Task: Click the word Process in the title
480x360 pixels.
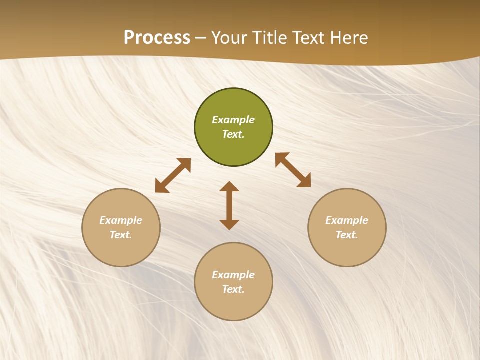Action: (x=157, y=38)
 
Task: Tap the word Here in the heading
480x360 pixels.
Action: (x=348, y=38)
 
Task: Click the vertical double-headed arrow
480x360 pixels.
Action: (x=229, y=205)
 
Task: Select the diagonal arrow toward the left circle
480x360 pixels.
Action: (x=173, y=175)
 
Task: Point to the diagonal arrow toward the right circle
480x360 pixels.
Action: (x=293, y=170)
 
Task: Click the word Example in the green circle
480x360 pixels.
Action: (x=233, y=120)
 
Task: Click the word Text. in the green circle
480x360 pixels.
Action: (x=233, y=134)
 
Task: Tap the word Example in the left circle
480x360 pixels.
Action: (x=121, y=220)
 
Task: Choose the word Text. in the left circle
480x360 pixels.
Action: (x=121, y=235)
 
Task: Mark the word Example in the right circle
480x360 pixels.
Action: (x=347, y=220)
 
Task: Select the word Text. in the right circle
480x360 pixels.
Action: (x=347, y=235)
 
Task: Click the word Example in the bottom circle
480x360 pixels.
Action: (x=233, y=275)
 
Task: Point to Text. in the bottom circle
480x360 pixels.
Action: (x=233, y=289)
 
